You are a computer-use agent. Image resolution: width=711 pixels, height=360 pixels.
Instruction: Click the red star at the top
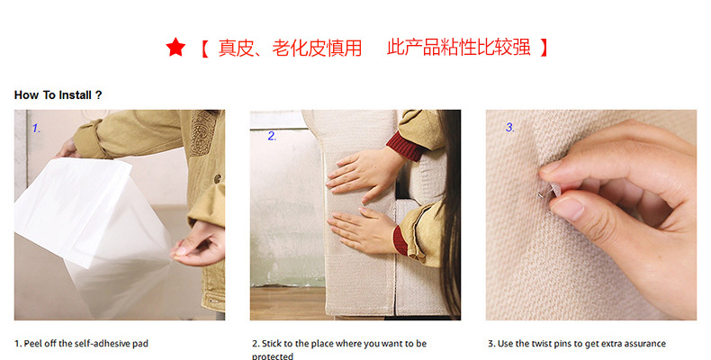175,47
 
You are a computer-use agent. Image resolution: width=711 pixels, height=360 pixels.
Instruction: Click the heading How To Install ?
58,95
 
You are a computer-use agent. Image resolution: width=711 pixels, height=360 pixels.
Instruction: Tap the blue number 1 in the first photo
36,129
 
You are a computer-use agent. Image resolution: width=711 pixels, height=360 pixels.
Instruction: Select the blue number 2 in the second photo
272,136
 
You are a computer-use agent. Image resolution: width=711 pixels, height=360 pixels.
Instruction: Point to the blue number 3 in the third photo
510,128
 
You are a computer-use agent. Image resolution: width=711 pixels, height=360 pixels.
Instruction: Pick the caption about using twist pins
577,344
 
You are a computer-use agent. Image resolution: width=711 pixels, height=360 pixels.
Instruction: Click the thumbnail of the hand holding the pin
591,215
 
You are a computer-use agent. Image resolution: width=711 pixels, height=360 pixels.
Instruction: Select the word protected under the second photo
273,356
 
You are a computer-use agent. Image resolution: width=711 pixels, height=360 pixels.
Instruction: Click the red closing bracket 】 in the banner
544,48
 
